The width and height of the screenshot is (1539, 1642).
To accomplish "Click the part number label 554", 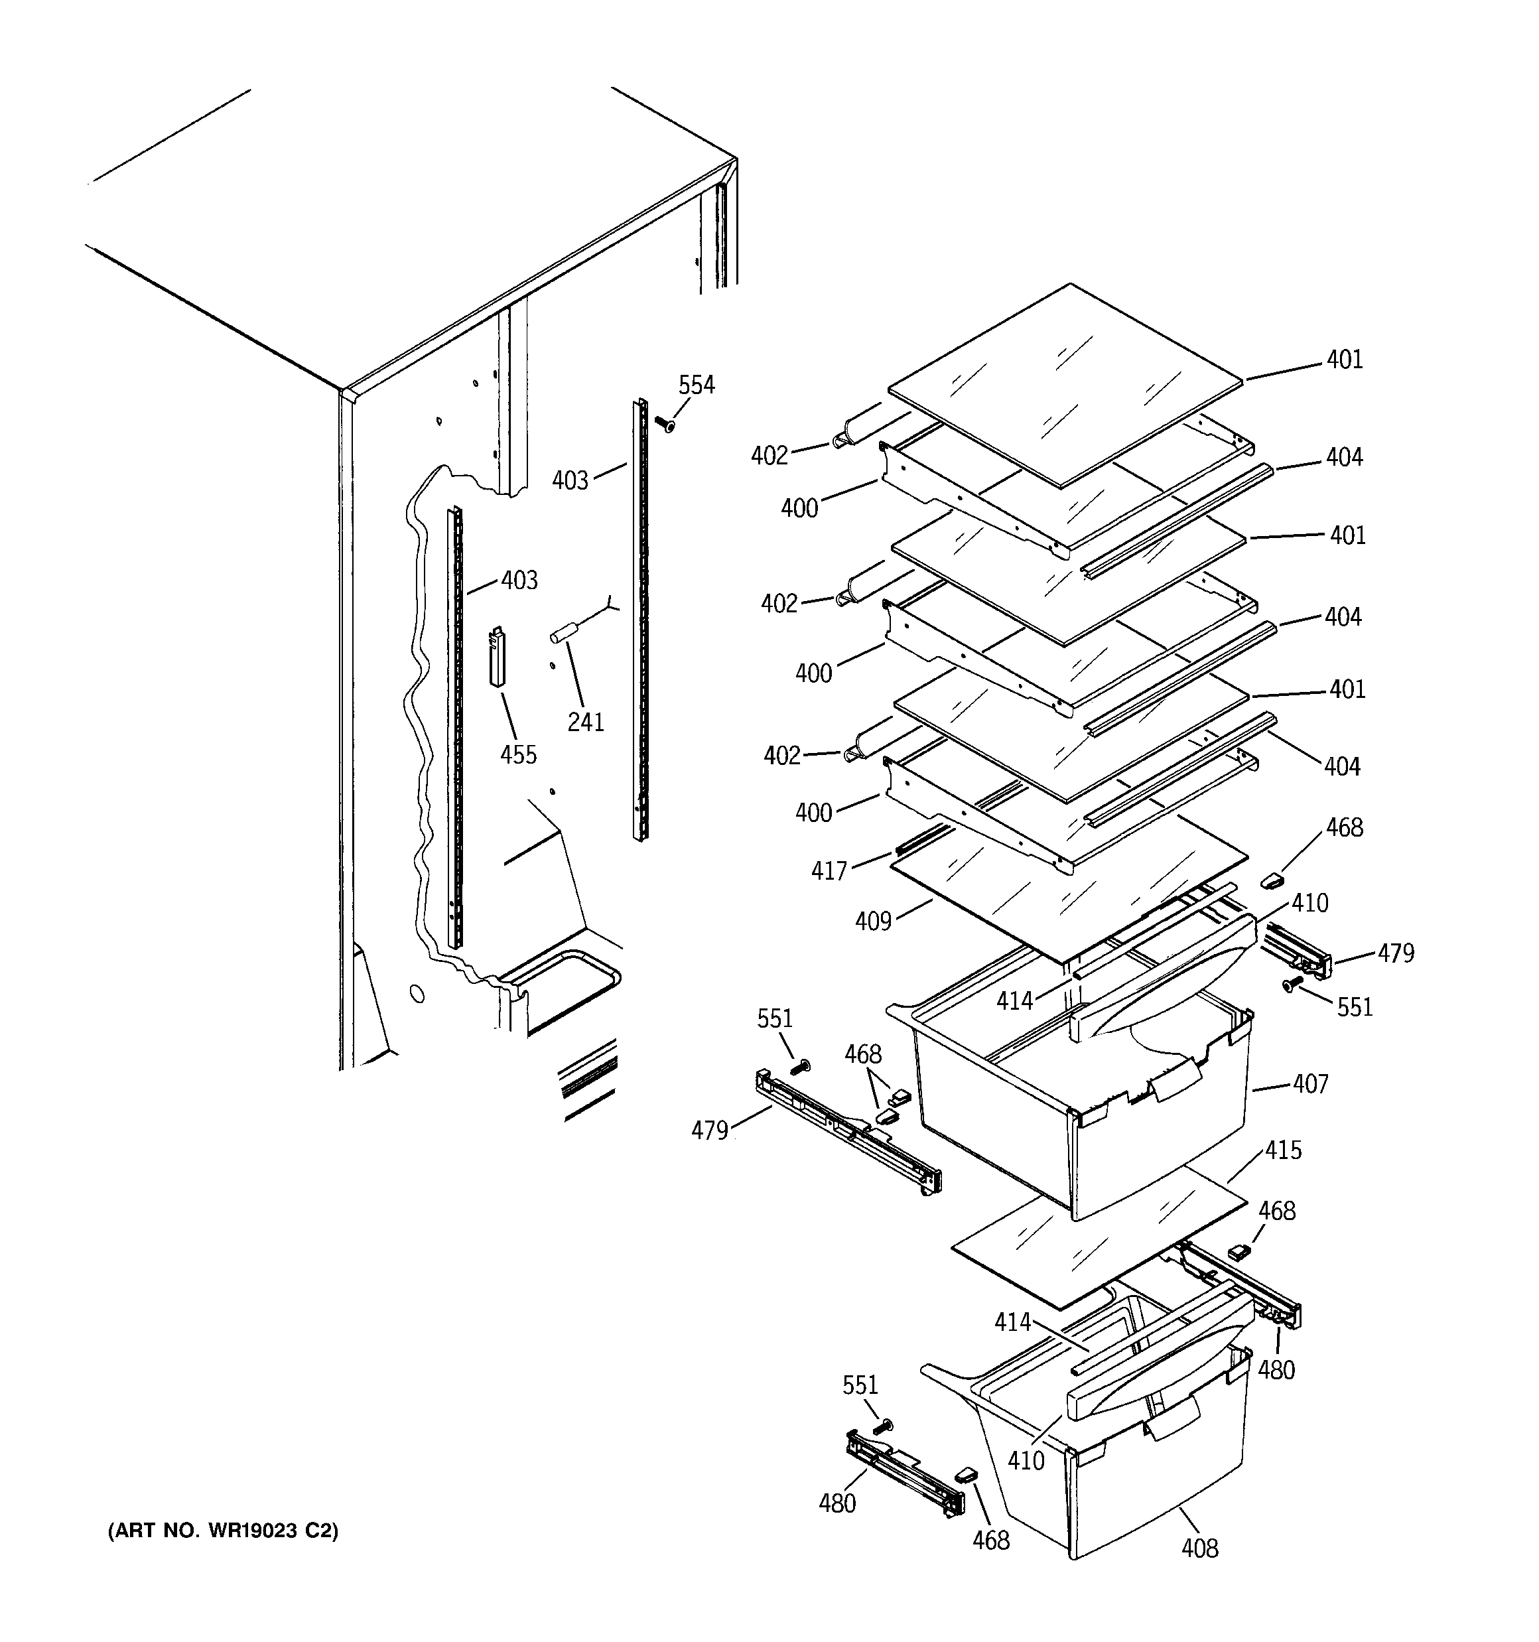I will (696, 385).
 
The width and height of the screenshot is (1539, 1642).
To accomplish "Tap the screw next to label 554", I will (665, 425).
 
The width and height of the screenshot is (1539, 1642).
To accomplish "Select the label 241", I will (585, 722).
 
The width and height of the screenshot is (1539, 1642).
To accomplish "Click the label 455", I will (518, 754).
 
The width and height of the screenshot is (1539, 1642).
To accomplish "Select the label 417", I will (829, 870).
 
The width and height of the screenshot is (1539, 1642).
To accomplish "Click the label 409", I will (873, 920).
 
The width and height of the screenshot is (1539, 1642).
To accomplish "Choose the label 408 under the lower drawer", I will (1199, 1548).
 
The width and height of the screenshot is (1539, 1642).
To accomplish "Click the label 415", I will (1283, 1150).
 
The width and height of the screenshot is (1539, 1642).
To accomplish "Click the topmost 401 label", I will (1345, 360).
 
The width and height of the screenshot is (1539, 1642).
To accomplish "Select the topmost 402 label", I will (769, 455).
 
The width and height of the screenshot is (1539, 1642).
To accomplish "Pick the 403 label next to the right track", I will (570, 480).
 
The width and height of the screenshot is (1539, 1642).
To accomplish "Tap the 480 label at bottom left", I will (836, 1503).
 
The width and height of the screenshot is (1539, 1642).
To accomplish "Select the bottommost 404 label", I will (1343, 766).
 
